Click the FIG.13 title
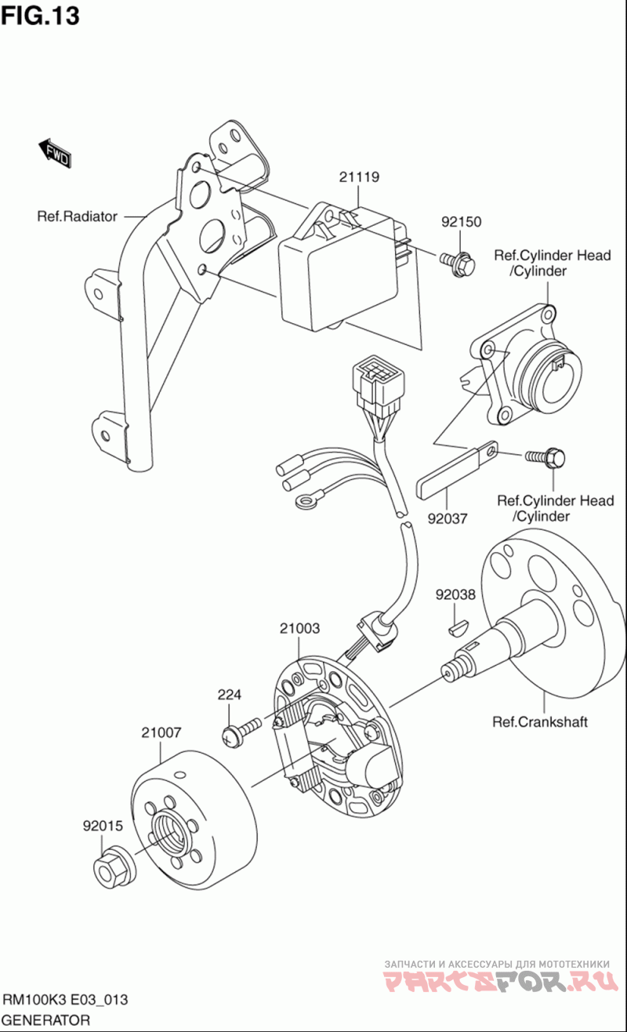click(40, 16)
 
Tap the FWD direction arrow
click(54, 154)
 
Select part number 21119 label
click(359, 177)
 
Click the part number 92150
click(462, 222)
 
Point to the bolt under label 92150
click(458, 264)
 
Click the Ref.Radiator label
click(78, 216)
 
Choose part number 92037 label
click(448, 519)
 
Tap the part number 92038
click(455, 594)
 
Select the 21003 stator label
click(299, 628)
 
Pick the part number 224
click(230, 694)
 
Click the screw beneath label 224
click(241, 730)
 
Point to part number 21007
click(161, 732)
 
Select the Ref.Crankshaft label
click(540, 721)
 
